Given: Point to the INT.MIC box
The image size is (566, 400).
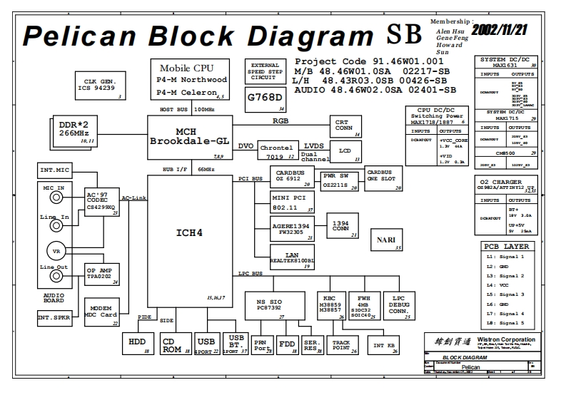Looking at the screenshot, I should pyautogui.click(x=56, y=171).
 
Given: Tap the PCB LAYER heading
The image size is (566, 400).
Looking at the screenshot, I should pyautogui.click(x=507, y=247).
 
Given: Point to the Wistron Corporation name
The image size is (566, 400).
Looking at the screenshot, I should pyautogui.click(x=507, y=339).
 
